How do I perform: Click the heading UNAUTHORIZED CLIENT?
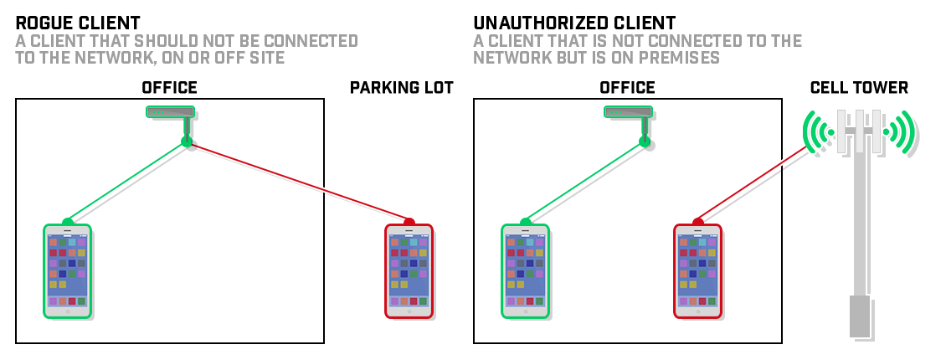click(x=574, y=23)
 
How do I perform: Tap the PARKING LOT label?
click(x=401, y=87)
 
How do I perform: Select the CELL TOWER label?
click(x=859, y=87)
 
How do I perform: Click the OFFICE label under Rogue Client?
click(x=169, y=87)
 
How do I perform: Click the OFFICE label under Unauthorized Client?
click(x=627, y=87)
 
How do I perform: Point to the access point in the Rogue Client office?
click(x=171, y=111)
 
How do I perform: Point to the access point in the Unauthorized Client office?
click(x=629, y=111)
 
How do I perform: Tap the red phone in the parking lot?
click(x=408, y=270)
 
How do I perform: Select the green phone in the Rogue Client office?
click(x=67, y=270)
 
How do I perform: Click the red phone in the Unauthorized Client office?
click(x=697, y=270)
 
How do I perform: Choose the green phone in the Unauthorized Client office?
click(x=525, y=270)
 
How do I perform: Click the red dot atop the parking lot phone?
click(x=409, y=223)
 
